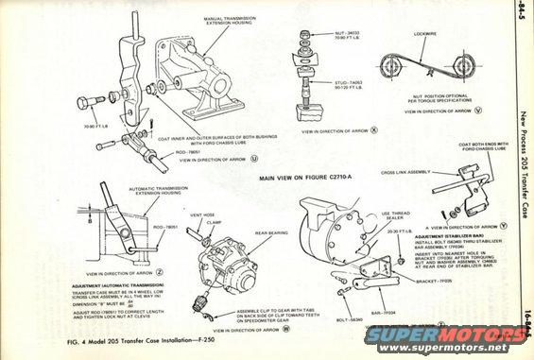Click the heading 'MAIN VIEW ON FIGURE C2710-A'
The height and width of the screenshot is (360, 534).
pyautogui.click(x=311, y=177)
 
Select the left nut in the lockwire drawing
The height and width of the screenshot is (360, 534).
pyautogui.click(x=388, y=64)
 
